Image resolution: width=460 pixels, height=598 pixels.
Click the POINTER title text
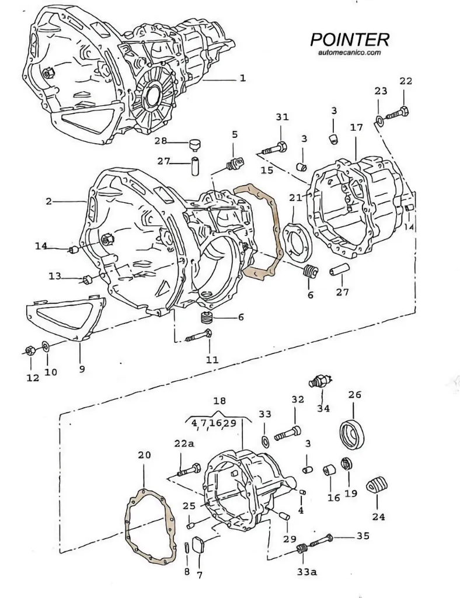pos(349,40)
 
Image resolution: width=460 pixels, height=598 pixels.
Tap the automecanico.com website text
pos(350,53)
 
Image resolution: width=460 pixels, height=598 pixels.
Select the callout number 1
pos(242,78)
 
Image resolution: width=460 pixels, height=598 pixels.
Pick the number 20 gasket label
pos(144,455)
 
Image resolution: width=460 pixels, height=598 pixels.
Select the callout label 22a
pos(183,444)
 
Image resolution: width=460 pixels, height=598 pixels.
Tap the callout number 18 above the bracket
pos(219,402)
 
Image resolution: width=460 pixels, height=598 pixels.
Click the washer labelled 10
pos(47,349)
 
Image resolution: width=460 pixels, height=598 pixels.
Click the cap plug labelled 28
pos(194,142)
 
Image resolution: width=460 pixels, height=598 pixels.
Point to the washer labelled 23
pos(379,121)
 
